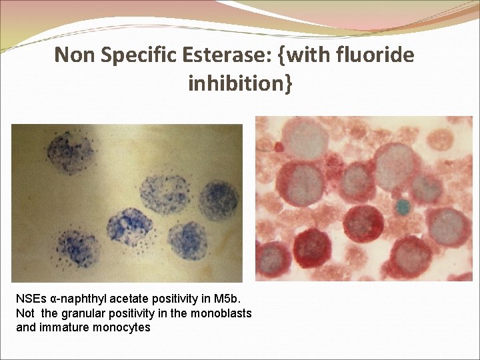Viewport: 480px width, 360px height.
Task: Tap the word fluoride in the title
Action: pos(377,55)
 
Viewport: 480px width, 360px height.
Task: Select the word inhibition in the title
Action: pos(235,85)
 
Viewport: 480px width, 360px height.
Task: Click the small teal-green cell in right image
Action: pos(401,207)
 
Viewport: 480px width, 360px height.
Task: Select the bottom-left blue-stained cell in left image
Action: pos(79,249)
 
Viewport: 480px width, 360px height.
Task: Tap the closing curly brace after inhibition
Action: pos(287,85)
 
